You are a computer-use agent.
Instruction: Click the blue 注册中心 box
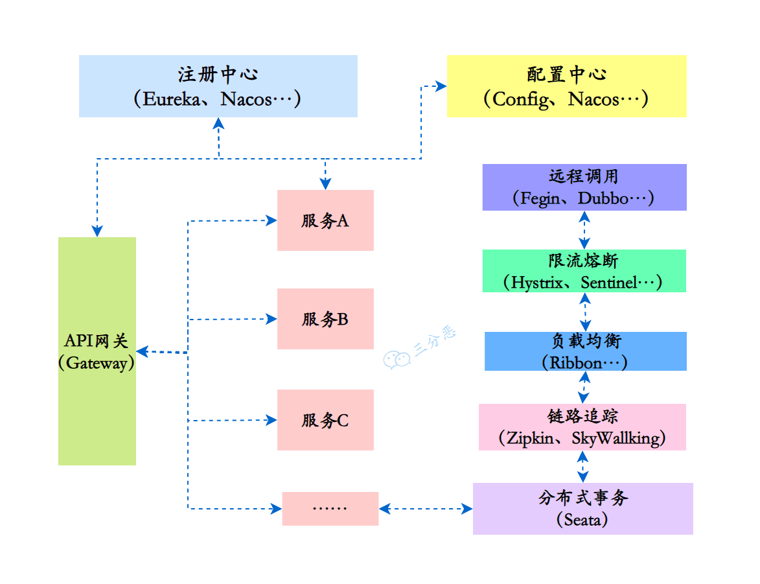pyautogui.click(x=218, y=86)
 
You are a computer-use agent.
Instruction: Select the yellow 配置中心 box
pyautogui.click(x=566, y=86)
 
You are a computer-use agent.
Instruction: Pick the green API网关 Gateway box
pyautogui.click(x=97, y=351)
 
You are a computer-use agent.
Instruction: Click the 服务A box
pyautogui.click(x=325, y=220)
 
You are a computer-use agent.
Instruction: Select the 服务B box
pyautogui.click(x=325, y=319)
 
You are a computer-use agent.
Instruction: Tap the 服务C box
pyautogui.click(x=325, y=420)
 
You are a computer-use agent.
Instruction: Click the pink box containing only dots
pyautogui.click(x=330, y=508)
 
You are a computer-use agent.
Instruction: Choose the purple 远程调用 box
pyautogui.click(x=584, y=187)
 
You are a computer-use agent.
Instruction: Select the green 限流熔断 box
pyautogui.click(x=584, y=271)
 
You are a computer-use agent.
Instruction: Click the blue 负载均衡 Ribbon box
pyautogui.click(x=585, y=351)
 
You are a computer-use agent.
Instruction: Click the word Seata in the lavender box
pyautogui.click(x=582, y=520)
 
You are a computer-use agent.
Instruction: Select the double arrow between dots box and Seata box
pyautogui.click(x=426, y=509)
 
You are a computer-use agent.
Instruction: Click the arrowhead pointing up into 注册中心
pyautogui.click(x=219, y=123)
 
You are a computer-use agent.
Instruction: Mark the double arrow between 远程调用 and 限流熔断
pyautogui.click(x=584, y=230)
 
